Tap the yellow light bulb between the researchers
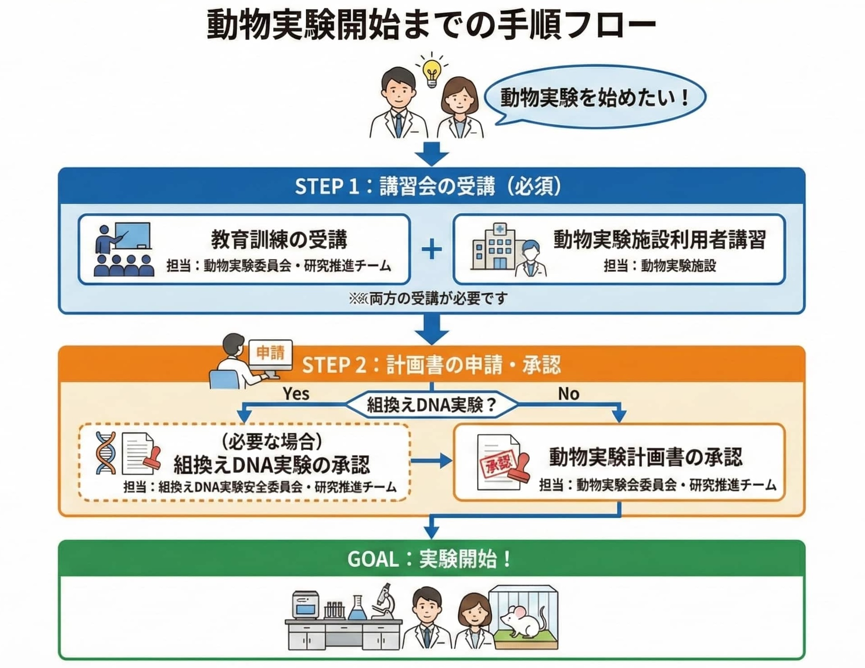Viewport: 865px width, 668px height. point(432,72)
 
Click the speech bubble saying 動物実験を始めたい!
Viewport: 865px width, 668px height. point(594,97)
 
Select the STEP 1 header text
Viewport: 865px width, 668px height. point(428,186)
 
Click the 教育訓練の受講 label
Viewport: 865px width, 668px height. point(279,239)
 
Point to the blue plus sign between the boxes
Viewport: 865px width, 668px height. point(432,249)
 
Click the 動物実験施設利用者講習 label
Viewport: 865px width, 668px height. point(659,239)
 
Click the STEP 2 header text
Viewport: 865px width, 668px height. point(431,365)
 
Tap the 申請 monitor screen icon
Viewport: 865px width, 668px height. point(270,353)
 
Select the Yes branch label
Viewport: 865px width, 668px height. point(296,394)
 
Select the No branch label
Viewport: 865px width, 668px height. point(568,394)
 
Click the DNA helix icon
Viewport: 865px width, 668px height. point(106,453)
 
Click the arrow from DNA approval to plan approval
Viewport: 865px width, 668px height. point(431,460)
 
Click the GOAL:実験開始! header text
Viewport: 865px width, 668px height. point(430,559)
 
